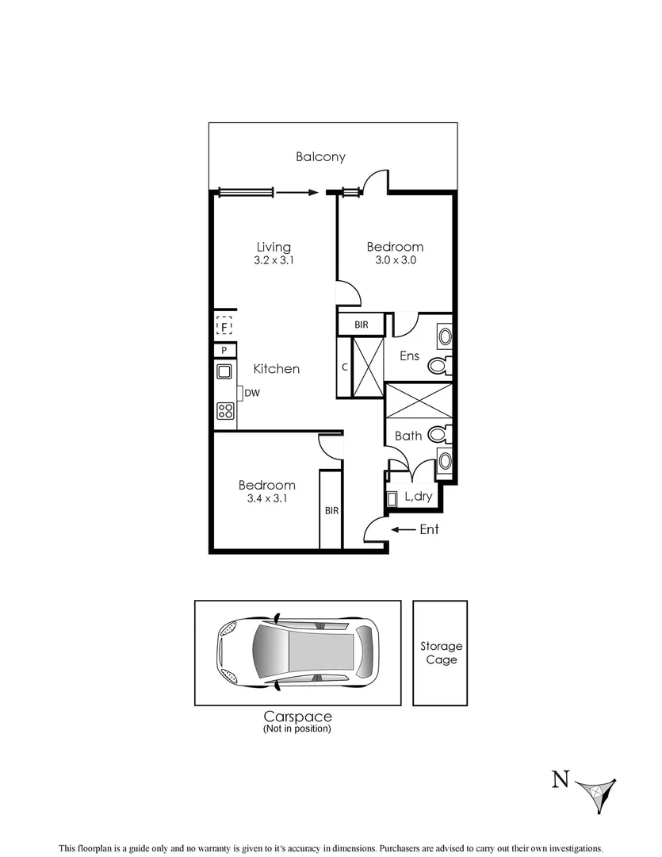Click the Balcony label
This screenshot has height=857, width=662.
pos(320,156)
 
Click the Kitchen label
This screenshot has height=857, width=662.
pos(276,369)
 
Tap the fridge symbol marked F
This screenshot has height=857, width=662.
pos(224,326)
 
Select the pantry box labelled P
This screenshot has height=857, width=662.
pos(224,350)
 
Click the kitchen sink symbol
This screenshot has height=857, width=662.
pos(224,371)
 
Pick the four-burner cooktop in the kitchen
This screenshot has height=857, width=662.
pos(225,410)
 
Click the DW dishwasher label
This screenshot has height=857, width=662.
pos(252,393)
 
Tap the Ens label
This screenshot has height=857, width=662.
pos(409,356)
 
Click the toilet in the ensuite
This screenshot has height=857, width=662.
pos(438,366)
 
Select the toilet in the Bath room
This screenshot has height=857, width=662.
pos(438,435)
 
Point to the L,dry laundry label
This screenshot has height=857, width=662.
pos(419,498)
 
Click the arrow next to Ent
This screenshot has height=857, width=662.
pos(404,529)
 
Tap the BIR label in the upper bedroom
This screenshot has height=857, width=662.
pos(361,325)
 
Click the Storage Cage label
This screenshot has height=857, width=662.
pos(441,653)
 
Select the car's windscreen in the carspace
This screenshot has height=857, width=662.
pos(266,652)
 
